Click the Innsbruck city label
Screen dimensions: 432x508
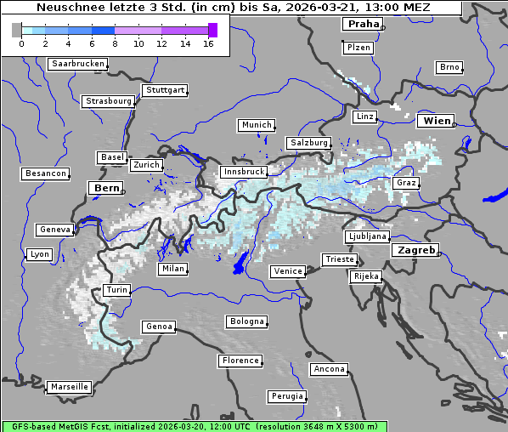pos(244,172)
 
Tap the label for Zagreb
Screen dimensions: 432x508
pos(415,250)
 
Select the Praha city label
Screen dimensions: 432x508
pos(364,24)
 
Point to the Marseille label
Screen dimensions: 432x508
pos(70,386)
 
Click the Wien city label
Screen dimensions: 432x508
pos(437,121)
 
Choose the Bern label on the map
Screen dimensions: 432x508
pos(107,187)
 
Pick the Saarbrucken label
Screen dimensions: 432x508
pos(78,64)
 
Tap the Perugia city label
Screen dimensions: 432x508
pos(287,396)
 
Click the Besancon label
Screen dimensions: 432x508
pos(46,173)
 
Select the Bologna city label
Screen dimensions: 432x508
pos(246,321)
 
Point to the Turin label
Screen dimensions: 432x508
pos(117,290)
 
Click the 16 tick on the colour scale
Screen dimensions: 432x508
pos(208,43)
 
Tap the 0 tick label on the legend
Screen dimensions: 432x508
pos(21,43)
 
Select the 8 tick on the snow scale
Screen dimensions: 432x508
pos(115,43)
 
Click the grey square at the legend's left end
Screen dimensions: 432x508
pos(17,30)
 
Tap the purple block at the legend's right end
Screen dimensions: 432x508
pos(212,30)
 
